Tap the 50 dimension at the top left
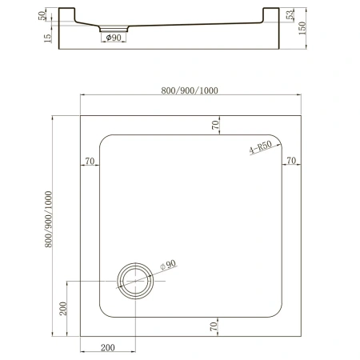pyautogui.click(x=41, y=18)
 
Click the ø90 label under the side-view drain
pyautogui.click(x=111, y=38)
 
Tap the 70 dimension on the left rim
pyautogui.click(x=90, y=161)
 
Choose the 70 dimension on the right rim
pyautogui.click(x=292, y=161)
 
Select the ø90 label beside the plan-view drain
pyautogui.click(x=168, y=265)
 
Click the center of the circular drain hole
pyautogui.click(x=134, y=281)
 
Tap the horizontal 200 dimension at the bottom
pyautogui.click(x=108, y=347)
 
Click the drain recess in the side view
pyautogui.click(x=111, y=29)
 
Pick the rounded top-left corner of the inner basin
pyautogui.click(x=104, y=139)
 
